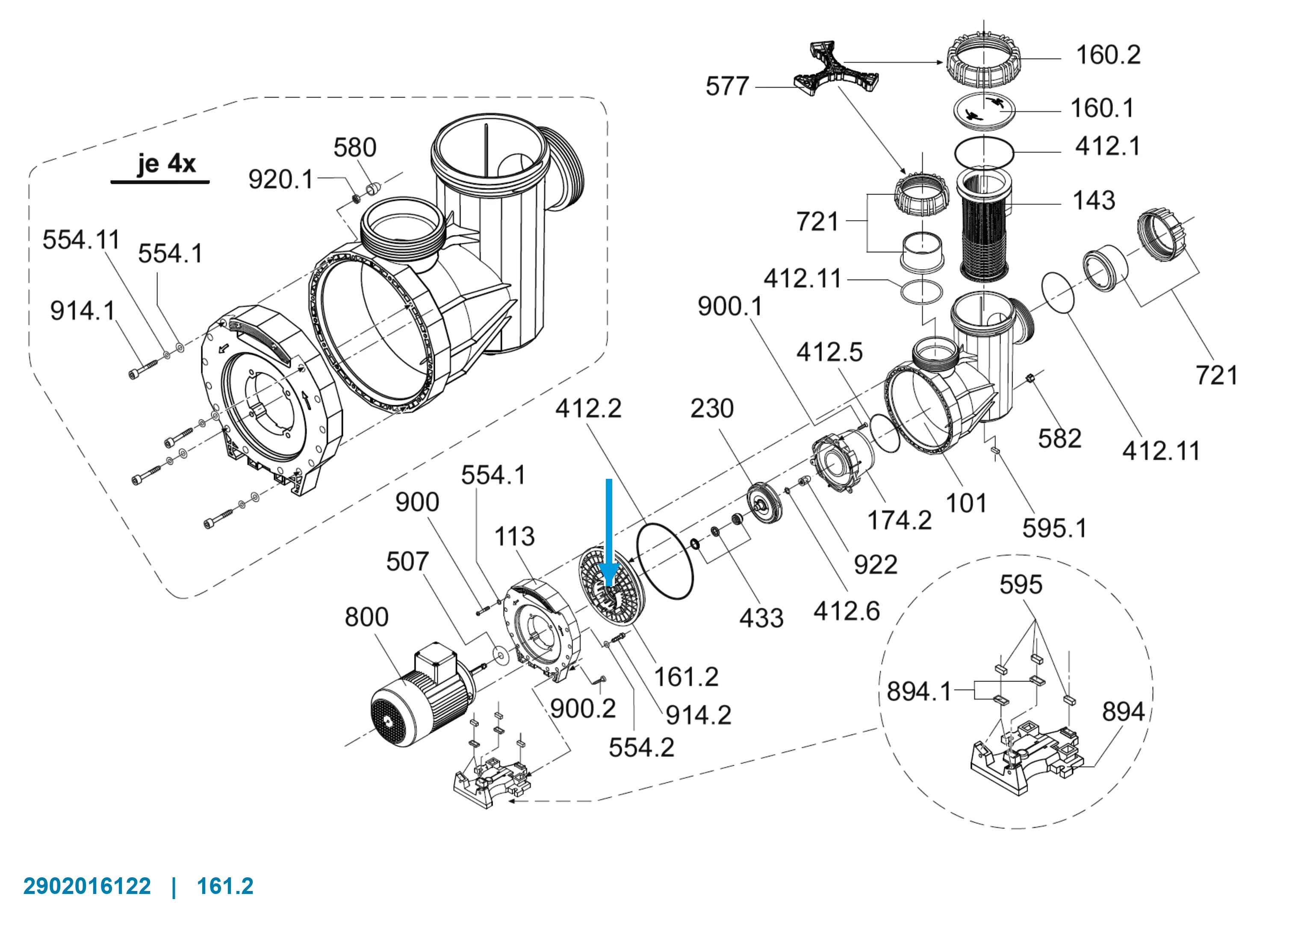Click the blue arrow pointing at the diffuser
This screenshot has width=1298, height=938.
coord(609,532)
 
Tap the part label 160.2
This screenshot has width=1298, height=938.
coord(1108,55)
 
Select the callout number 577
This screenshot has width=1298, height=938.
coord(727,86)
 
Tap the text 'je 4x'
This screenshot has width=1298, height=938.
coord(166,164)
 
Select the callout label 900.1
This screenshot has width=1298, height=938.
coord(730,307)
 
